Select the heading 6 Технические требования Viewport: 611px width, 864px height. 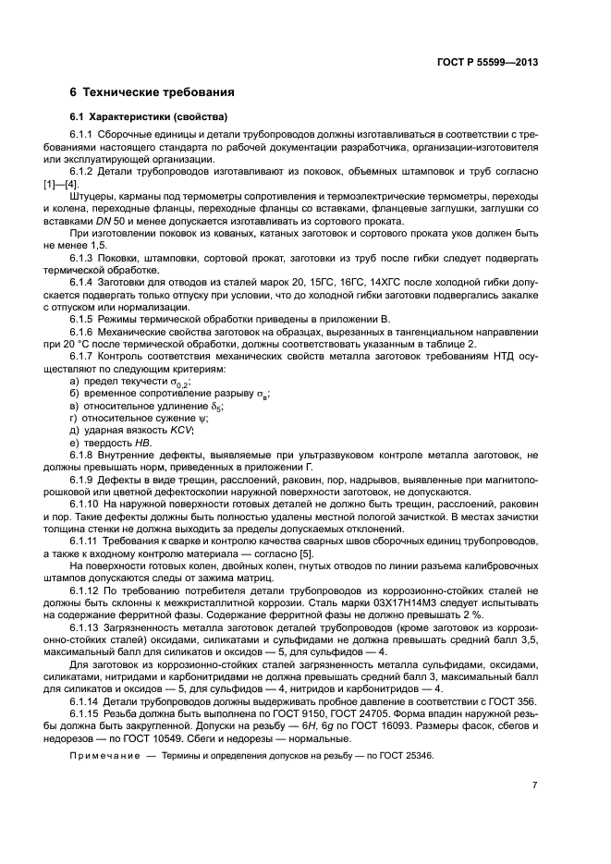point(152,92)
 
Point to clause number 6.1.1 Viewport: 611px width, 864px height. point(85,136)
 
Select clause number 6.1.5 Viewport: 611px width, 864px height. point(85,318)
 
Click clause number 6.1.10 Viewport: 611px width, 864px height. point(88,505)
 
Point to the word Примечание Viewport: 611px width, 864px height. point(104,756)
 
